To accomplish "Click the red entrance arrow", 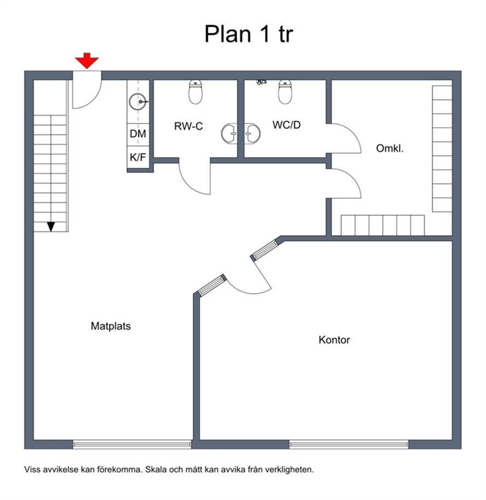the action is click(87, 61).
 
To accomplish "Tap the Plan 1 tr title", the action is click(249, 34).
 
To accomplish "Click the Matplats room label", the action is click(111, 326).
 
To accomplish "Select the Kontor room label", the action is click(334, 339).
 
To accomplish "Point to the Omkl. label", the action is click(390, 148).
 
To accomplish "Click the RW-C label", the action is click(188, 126).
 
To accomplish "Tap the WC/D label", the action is click(286, 125).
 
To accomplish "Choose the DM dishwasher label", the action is click(138, 134).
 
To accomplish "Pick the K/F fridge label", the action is click(138, 157).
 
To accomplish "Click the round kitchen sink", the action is click(138, 102).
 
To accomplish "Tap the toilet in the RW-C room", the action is click(195, 92).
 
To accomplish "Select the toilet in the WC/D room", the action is click(285, 92).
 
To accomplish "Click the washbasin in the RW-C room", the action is click(230, 133).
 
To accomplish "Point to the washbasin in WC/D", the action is click(253, 133).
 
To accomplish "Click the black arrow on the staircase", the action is click(51, 227).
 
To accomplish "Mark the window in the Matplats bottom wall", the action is click(132, 444).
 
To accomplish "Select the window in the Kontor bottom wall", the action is click(349, 444).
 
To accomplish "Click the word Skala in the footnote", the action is click(156, 469).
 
